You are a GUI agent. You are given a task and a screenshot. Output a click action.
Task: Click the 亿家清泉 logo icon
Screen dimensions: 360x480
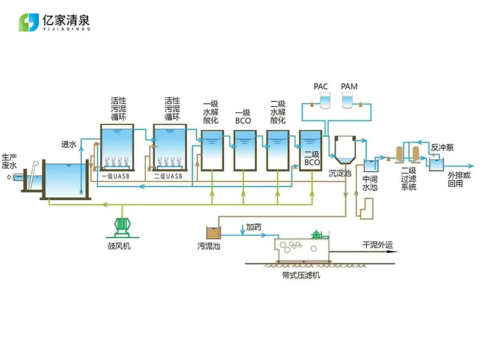[x=29, y=22]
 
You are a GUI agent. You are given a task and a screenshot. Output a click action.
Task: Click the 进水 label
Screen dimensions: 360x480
[x=69, y=145]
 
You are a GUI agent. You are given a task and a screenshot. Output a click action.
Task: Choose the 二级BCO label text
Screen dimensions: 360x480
[x=311, y=158]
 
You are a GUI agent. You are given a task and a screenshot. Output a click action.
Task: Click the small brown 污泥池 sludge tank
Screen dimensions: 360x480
[x=214, y=232]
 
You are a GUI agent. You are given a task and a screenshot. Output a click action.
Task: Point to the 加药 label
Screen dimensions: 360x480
[x=254, y=228]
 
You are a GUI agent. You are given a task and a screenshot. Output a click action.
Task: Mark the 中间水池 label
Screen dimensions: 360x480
[x=370, y=183]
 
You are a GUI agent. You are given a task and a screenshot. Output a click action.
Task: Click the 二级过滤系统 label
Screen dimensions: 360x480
[x=409, y=179]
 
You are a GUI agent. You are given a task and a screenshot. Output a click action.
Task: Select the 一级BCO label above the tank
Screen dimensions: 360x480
[x=242, y=116]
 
